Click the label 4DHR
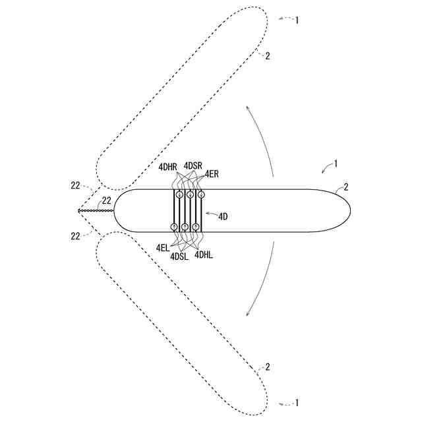(x=167, y=167)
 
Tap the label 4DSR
(x=193, y=165)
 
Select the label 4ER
(x=212, y=174)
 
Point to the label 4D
(x=223, y=215)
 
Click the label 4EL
(x=162, y=247)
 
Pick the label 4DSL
(x=179, y=256)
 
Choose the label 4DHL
(x=204, y=253)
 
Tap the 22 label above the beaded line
(x=106, y=201)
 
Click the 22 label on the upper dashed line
(x=75, y=186)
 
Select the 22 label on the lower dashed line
(x=75, y=235)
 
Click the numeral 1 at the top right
(x=297, y=20)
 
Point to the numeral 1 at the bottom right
(x=297, y=402)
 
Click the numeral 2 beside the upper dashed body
(x=267, y=56)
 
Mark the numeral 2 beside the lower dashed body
(x=266, y=367)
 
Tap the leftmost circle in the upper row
(x=179, y=195)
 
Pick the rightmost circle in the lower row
(x=196, y=227)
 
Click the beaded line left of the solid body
(x=96, y=211)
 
